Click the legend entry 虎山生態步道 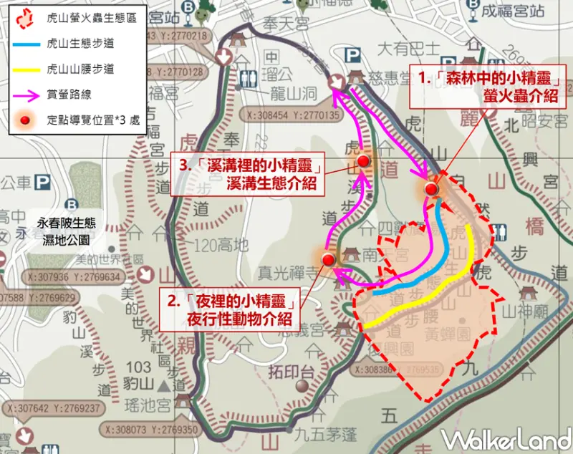click(x=79, y=44)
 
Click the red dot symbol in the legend click(x=24, y=119)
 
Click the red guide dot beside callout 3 click(x=363, y=162)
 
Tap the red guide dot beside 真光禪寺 click(x=328, y=259)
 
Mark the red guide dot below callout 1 click(x=430, y=189)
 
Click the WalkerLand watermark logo click(x=505, y=436)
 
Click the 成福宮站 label click(x=527, y=11)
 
